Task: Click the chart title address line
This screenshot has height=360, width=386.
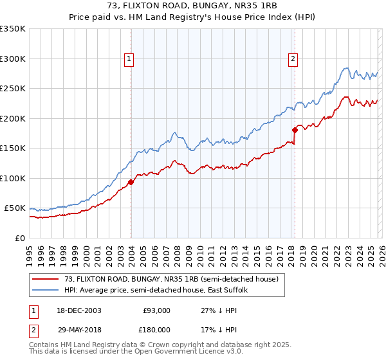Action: (192, 6)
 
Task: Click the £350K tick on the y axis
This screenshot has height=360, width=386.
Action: (13, 29)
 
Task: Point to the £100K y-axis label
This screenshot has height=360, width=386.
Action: (13, 178)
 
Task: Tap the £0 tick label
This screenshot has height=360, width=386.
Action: (21, 238)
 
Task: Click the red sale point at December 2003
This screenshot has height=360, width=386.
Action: (131, 182)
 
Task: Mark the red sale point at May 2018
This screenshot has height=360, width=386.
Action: (295, 130)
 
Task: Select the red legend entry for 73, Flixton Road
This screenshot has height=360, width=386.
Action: (170, 279)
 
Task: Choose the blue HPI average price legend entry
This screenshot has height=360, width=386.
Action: (160, 291)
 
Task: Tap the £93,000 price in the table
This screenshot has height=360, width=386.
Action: (156, 310)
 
